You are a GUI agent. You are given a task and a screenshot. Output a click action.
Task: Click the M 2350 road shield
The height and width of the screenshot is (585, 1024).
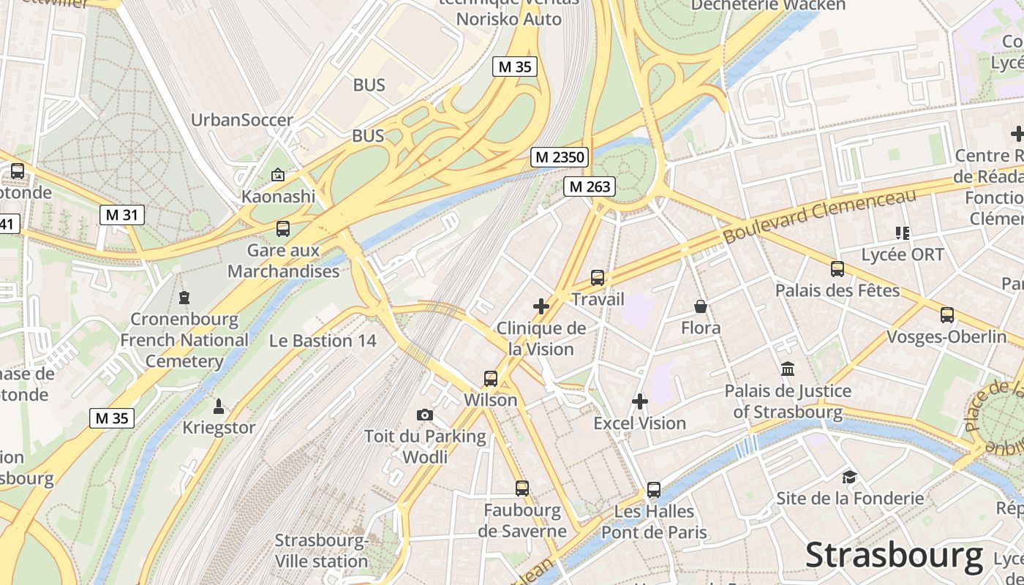click(560, 156)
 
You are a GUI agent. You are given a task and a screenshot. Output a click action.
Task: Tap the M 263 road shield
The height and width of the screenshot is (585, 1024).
click(589, 186)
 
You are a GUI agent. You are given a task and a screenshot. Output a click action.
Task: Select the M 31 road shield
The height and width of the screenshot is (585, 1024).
click(122, 215)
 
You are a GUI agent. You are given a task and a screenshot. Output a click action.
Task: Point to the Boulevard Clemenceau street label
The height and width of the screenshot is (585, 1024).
click(819, 216)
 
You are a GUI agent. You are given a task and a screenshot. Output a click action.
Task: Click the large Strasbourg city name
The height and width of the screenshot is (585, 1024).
click(894, 556)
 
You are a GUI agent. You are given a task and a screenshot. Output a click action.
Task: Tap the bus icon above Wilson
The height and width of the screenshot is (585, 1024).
click(491, 379)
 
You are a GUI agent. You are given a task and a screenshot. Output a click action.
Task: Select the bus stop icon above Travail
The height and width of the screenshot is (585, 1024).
click(598, 278)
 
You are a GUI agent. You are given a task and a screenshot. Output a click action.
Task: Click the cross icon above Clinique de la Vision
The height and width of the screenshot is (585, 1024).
click(541, 306)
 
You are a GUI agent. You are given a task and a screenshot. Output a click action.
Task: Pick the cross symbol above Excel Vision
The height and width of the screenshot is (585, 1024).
click(640, 401)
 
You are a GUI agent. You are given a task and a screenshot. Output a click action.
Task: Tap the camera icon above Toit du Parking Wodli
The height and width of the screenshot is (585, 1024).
click(425, 415)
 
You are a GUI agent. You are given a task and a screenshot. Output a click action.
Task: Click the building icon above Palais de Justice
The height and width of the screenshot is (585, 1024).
click(788, 369)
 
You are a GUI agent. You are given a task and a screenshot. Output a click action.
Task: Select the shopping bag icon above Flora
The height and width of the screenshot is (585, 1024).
click(701, 306)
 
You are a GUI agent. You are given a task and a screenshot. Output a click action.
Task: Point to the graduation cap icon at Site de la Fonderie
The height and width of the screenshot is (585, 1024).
click(849, 477)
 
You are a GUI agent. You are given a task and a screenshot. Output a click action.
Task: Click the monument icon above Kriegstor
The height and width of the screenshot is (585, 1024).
click(219, 406)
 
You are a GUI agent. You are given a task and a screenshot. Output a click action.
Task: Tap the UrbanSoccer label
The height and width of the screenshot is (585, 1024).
click(241, 120)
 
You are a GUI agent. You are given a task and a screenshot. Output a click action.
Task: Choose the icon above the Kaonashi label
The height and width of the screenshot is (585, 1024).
click(278, 175)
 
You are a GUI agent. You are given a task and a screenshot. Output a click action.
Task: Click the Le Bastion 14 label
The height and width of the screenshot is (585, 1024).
click(323, 341)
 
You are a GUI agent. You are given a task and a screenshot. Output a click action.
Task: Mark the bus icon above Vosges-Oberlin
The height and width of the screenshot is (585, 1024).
click(947, 315)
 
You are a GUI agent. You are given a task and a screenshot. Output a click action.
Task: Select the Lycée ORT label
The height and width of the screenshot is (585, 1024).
click(903, 254)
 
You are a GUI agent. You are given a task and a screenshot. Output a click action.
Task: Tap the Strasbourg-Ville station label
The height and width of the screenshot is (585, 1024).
click(321, 551)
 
